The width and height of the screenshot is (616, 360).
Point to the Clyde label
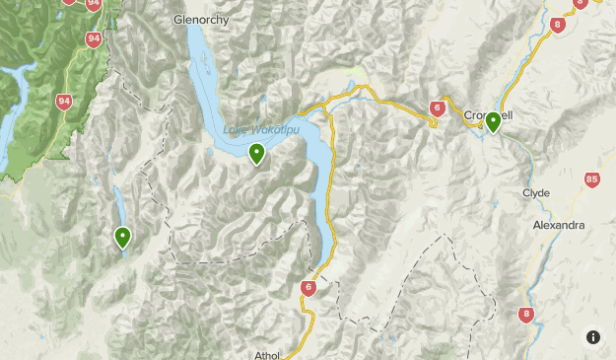point(536,192)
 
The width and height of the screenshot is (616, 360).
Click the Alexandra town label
point(558,225)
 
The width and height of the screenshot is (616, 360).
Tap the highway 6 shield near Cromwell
point(438,108)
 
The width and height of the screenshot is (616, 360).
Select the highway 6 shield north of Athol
point(308,288)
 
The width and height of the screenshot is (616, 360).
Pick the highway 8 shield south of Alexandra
point(526,315)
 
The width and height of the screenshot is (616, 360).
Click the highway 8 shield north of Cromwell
point(559,26)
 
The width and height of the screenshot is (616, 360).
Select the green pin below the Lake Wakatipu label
point(256,154)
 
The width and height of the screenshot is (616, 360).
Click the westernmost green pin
point(122,237)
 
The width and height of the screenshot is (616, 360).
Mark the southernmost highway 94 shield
point(66,103)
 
